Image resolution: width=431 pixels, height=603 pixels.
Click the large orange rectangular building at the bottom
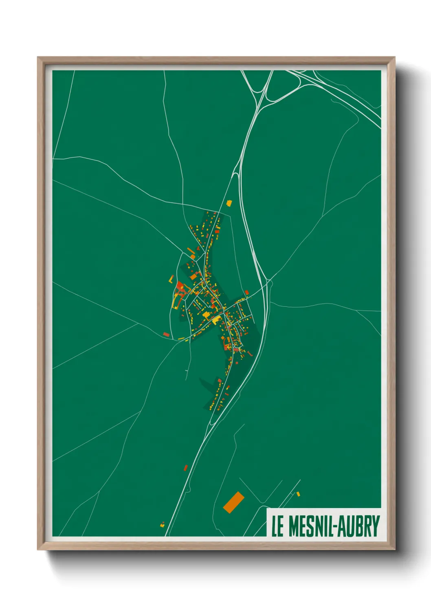pyautogui.click(x=233, y=502)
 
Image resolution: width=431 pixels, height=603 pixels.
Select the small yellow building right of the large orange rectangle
pyautogui.click(x=298, y=494)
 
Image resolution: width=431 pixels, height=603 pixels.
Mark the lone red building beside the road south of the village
pyautogui.click(x=186, y=468)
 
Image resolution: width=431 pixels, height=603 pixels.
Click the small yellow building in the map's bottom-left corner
pyautogui.click(x=162, y=525)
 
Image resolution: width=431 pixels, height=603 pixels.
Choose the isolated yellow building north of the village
pyautogui.click(x=229, y=202)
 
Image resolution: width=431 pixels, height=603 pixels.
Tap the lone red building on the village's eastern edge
pyautogui.click(x=246, y=292)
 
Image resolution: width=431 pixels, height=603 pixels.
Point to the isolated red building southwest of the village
pyautogui.click(x=166, y=334)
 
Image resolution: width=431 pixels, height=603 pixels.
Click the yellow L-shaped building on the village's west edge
pyautogui.click(x=176, y=302)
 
